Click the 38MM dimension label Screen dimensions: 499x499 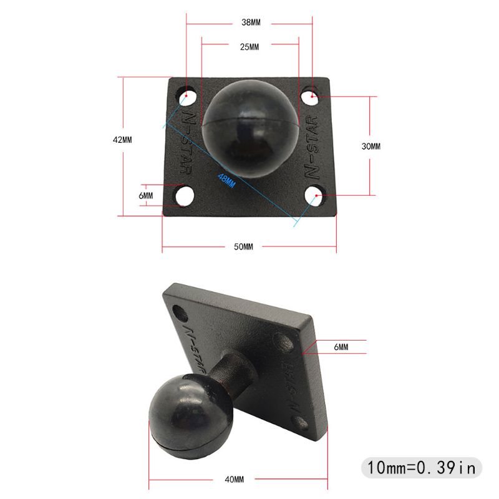250,22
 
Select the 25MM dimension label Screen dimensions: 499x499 249,47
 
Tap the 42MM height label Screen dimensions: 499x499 122,140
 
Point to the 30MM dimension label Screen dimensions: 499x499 371,146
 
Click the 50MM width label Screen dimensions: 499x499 243,246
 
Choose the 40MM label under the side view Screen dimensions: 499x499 235,479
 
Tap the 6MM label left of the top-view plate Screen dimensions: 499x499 146,195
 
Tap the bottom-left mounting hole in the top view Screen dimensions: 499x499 183,195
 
